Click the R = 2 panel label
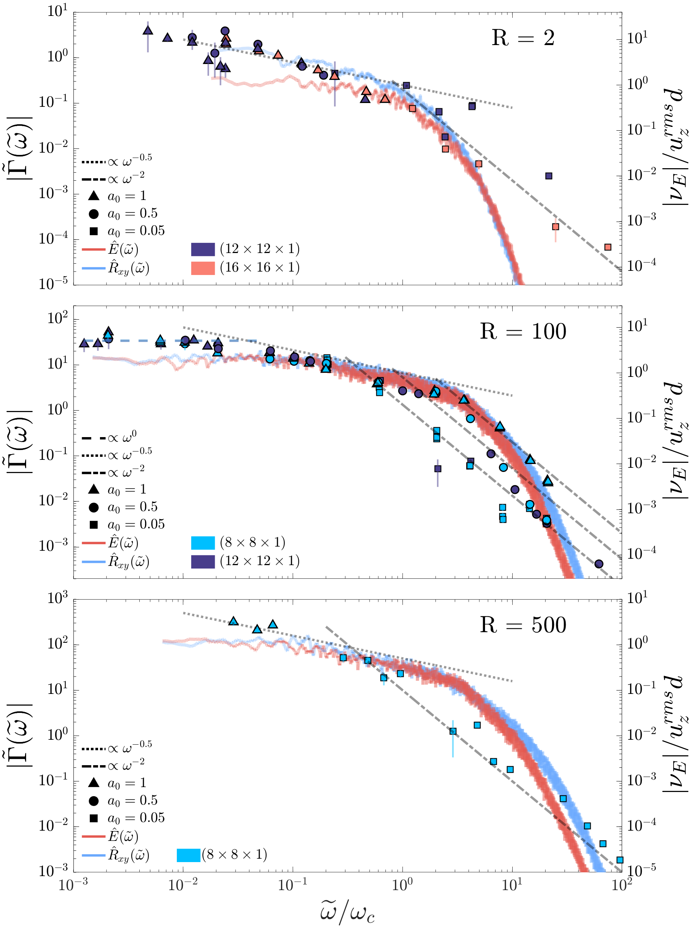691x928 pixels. pos(523,38)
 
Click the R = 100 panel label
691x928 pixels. pos(523,331)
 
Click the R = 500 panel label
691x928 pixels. pos(523,625)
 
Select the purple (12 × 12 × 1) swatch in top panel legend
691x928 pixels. pos(203,249)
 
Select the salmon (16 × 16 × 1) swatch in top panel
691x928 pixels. pos(203,268)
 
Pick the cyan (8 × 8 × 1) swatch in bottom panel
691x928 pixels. pos(189,855)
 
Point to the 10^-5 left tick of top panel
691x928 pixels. pos(53,284)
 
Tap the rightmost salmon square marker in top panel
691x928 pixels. pos(608,247)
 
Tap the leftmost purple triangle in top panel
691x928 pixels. pos(148,31)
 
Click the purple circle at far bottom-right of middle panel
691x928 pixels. pos(599,564)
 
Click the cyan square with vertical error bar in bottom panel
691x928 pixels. pos(452,731)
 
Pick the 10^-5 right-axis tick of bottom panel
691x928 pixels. pos(638,871)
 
